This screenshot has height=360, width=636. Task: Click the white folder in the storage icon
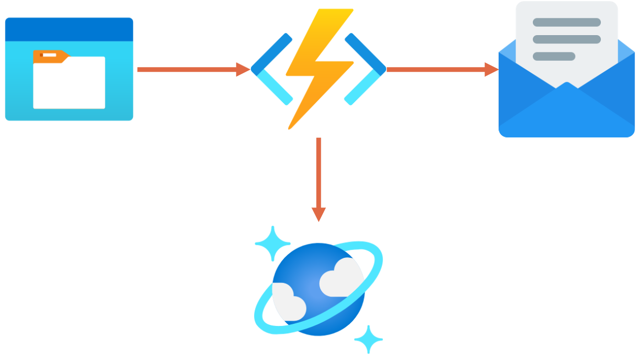pos(69,84)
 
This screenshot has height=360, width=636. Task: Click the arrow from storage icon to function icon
pos(189,69)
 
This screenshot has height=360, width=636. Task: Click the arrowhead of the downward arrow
pos(319,214)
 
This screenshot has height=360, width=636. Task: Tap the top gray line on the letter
pos(566,23)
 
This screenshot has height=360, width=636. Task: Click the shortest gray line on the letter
pos(554,56)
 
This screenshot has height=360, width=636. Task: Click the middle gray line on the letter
pos(566,39)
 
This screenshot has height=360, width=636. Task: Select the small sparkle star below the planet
pos(368,340)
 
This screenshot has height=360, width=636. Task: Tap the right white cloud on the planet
pos(341,277)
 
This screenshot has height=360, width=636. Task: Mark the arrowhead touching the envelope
pos(491,69)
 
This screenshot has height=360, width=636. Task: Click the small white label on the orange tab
pos(50,54)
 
